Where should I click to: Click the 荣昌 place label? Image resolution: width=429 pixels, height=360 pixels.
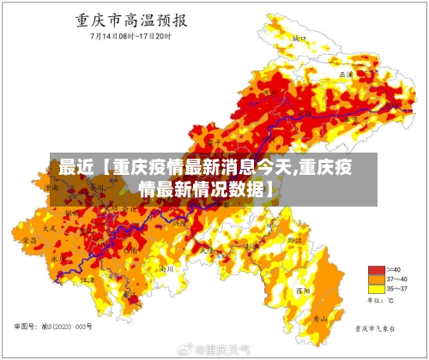point(31,243)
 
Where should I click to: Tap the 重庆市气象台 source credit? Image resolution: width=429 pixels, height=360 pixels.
point(378,327)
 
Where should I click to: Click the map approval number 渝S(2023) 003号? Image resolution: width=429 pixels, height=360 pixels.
point(53,327)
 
